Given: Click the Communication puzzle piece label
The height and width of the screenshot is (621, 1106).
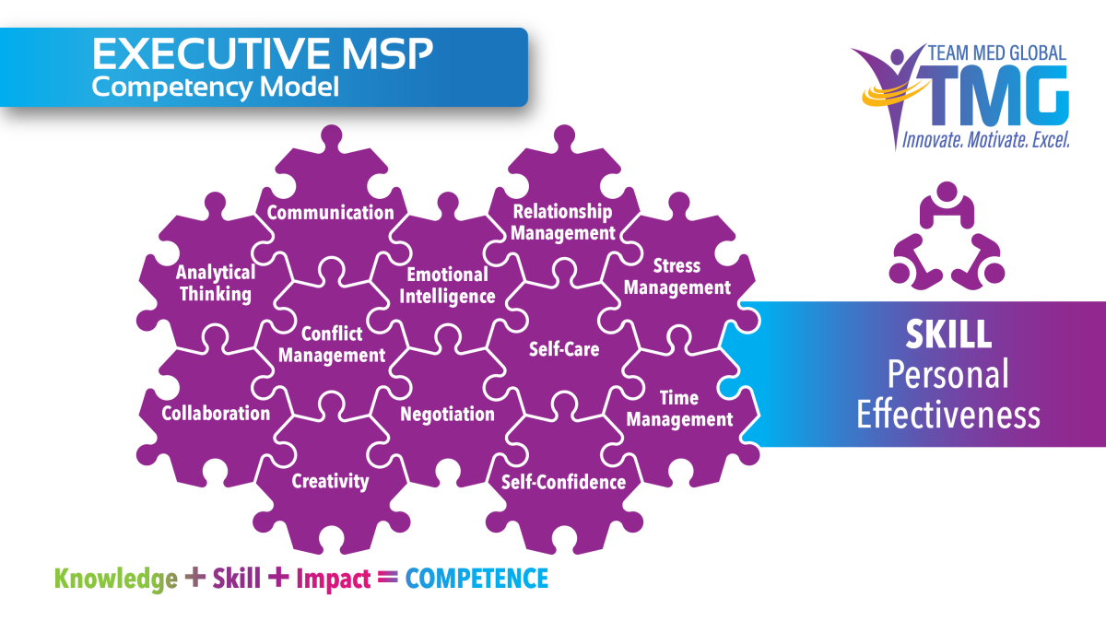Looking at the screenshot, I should click(330, 213).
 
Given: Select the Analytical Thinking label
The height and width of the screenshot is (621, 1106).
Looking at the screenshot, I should click(216, 284).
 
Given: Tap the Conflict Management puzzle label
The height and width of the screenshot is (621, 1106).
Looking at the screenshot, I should click(331, 345).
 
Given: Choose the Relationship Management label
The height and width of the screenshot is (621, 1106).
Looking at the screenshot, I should click(562, 223).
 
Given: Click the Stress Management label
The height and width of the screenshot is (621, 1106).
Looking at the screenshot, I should click(677, 276).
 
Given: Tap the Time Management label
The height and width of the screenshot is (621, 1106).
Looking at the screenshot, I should click(679, 409).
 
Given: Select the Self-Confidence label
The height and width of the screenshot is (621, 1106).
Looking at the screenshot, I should click(563, 482).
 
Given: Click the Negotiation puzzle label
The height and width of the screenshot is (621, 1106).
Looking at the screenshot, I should click(447, 415).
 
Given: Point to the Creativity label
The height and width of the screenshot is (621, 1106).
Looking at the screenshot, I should click(330, 481).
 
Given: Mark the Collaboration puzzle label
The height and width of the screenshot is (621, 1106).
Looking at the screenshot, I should click(216, 413).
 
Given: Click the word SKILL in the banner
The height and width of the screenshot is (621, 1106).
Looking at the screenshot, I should click(947, 334).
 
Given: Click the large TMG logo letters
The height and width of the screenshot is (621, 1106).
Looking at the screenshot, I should click(1005, 95).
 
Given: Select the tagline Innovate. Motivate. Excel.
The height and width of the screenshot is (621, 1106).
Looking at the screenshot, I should click(985, 140).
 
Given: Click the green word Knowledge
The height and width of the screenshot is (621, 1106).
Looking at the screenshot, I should click(115, 579).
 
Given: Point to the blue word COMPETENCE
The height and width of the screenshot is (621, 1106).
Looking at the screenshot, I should click(477, 579).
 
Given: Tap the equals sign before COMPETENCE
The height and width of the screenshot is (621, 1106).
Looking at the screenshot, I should click(388, 578).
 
